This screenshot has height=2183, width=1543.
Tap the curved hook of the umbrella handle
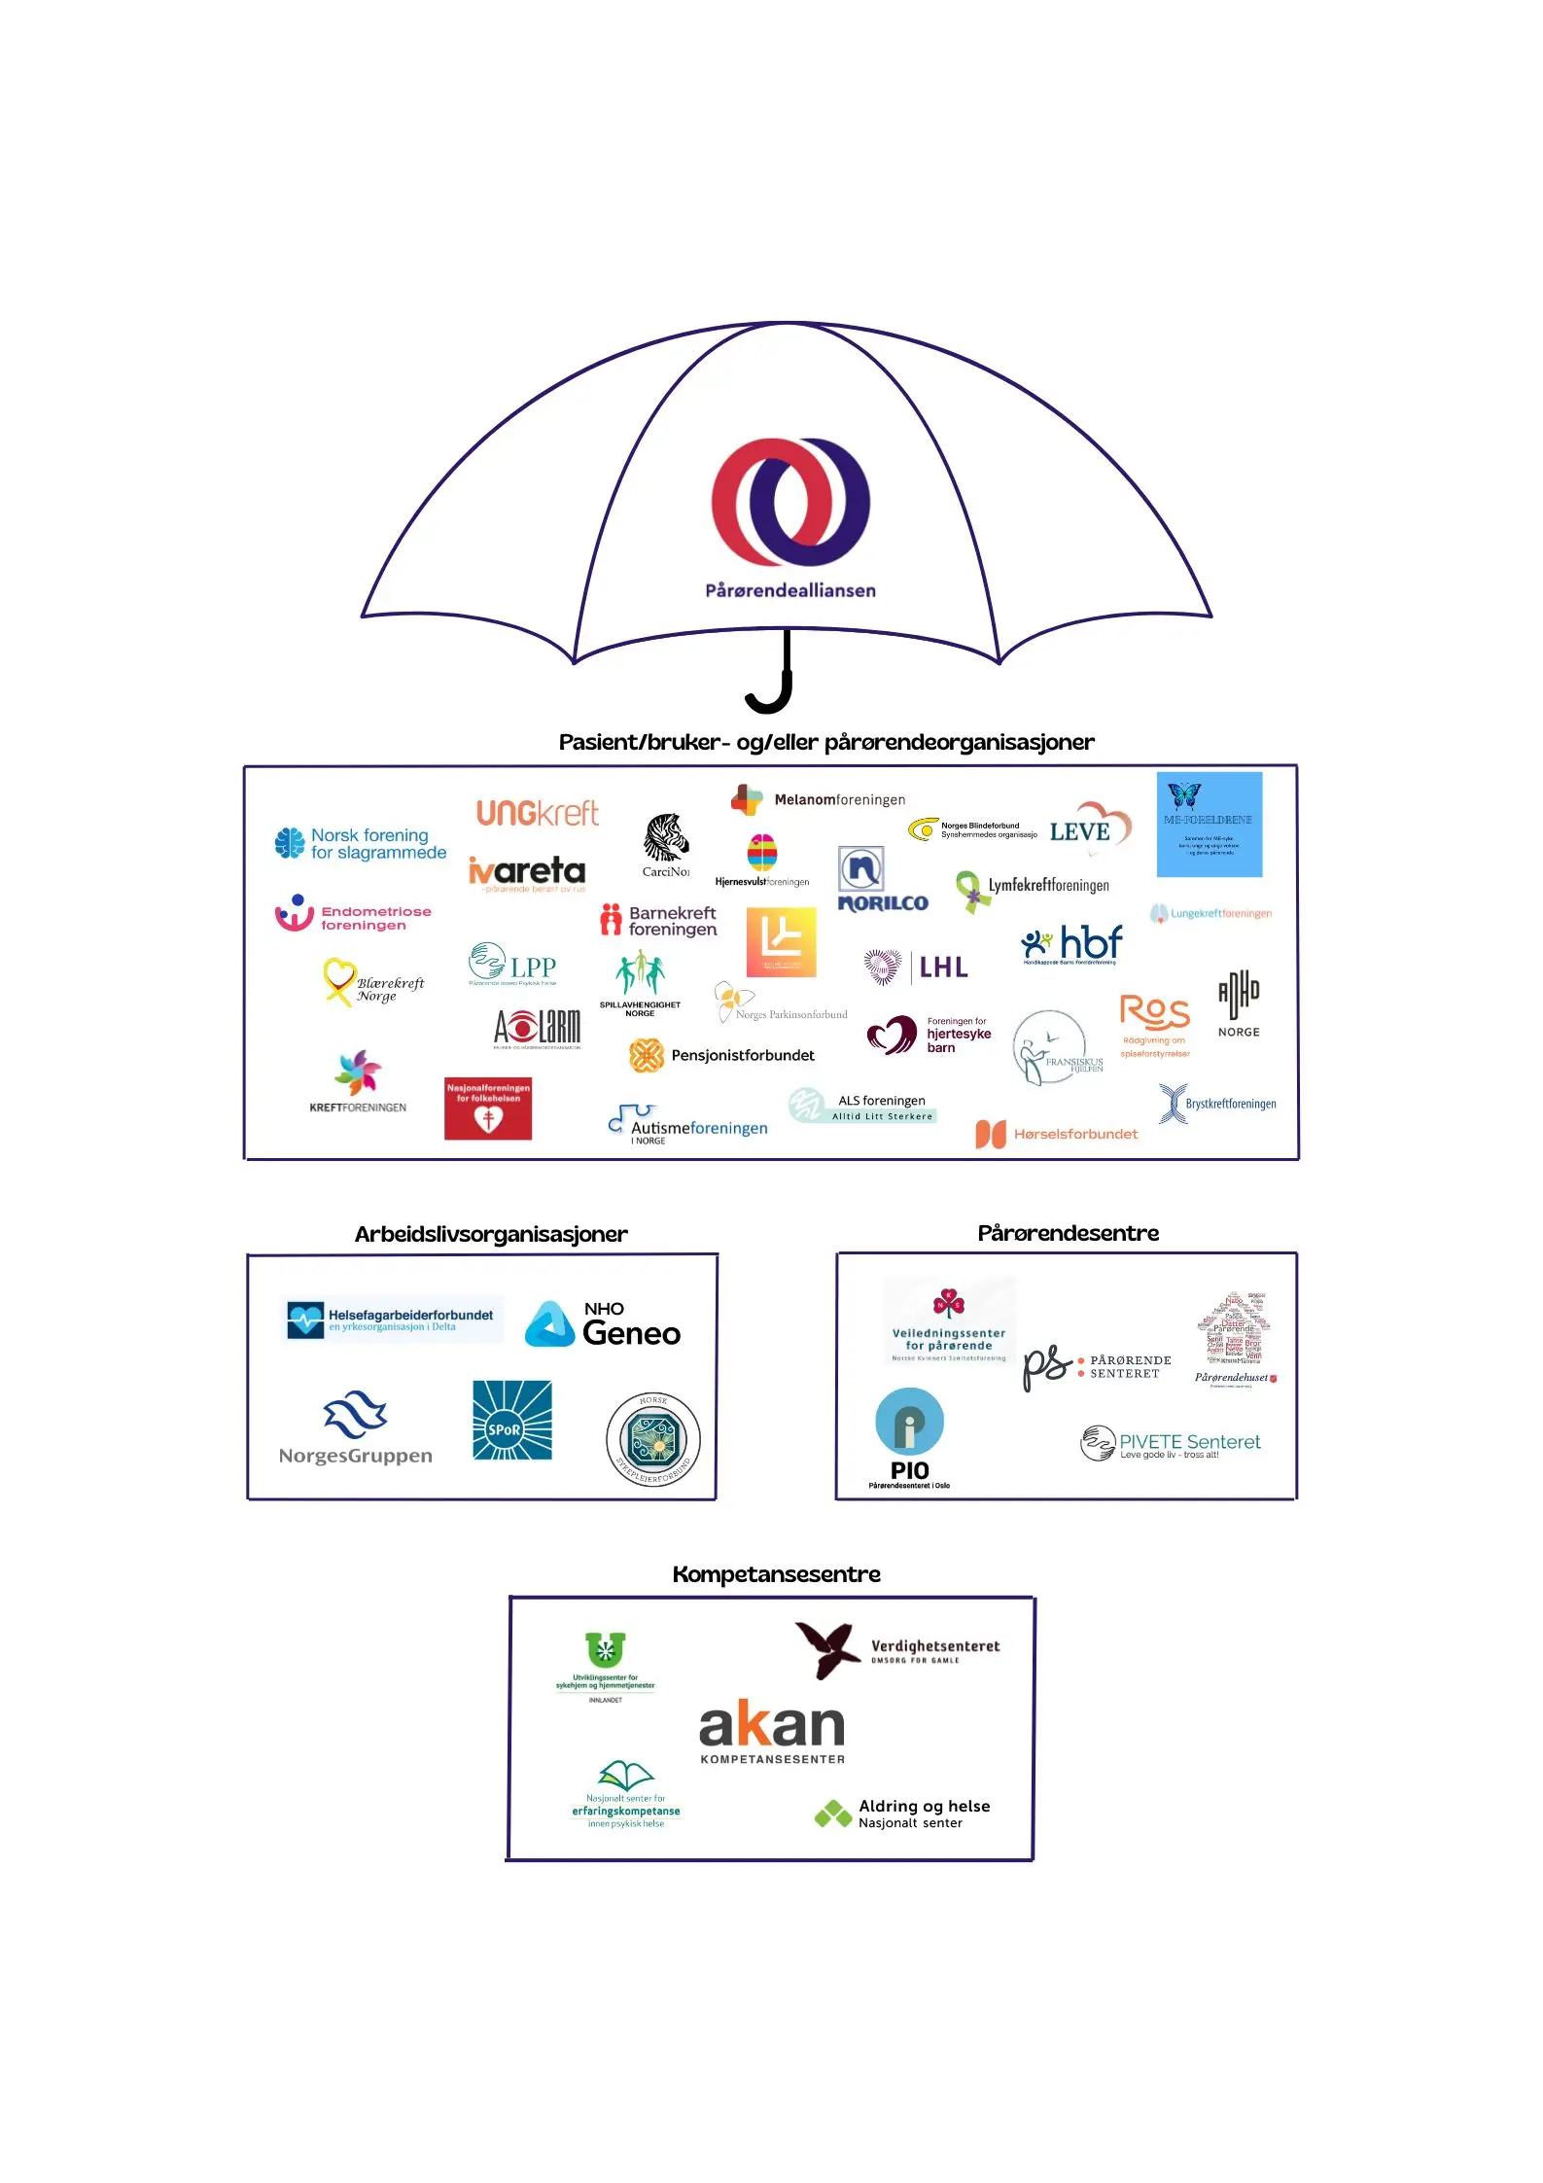pyautogui.click(x=768, y=701)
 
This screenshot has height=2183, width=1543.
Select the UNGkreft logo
pyautogui.click(x=537, y=813)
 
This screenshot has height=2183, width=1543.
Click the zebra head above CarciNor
pyautogui.click(x=666, y=836)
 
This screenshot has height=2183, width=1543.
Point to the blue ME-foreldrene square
pyautogui.click(x=1209, y=825)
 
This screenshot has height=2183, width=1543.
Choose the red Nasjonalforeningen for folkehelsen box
pyautogui.click(x=488, y=1108)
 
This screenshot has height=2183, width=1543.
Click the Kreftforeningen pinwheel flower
pyautogui.click(x=358, y=1073)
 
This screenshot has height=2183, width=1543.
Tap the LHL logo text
pyautogui.click(x=943, y=967)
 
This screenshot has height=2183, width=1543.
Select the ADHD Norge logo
pyautogui.click(x=1239, y=1003)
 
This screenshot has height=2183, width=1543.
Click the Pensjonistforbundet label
pyautogui.click(x=743, y=1055)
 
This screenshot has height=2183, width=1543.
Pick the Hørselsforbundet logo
pyautogui.click(x=1057, y=1134)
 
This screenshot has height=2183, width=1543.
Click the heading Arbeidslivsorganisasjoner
pyautogui.click(x=491, y=1234)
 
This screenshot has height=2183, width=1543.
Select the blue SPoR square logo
pyautogui.click(x=512, y=1420)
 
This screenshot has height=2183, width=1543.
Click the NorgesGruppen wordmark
pyautogui.click(x=356, y=1456)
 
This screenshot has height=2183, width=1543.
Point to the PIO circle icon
pyautogui.click(x=909, y=1421)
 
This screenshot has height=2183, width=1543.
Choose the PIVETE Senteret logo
pyautogui.click(x=1171, y=1443)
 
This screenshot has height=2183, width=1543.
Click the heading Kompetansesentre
pyautogui.click(x=776, y=1574)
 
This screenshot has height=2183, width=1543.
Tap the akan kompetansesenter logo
pyautogui.click(x=772, y=1730)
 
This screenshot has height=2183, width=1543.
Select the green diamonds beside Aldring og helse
pyautogui.click(x=832, y=1813)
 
